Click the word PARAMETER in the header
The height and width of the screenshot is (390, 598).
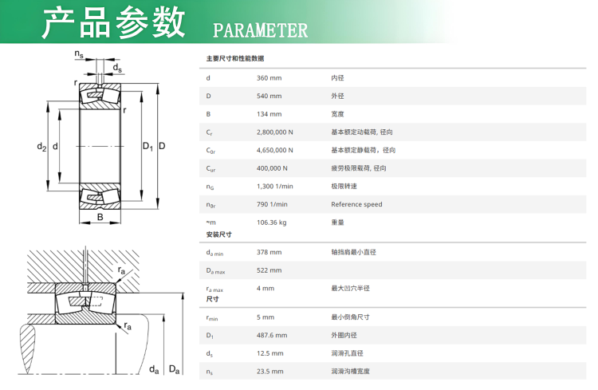click(260, 30)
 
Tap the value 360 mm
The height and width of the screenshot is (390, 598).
click(269, 77)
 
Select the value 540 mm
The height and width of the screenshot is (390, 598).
click(269, 96)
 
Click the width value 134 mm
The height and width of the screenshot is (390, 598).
click(269, 113)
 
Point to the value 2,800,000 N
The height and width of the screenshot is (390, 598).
click(275, 132)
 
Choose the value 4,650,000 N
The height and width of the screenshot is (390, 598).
click(275, 150)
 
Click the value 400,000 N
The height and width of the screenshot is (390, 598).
click(272, 168)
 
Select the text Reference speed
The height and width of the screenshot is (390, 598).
click(356, 204)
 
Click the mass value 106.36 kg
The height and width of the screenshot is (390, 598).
click(271, 222)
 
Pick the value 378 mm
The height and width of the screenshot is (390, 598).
click(269, 252)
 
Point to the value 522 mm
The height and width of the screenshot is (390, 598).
click(269, 270)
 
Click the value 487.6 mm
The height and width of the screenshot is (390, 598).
click(272, 335)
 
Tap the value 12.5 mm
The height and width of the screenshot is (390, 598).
click(270, 353)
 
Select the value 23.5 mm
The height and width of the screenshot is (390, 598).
click(270, 372)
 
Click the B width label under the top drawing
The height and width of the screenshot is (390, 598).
click(100, 217)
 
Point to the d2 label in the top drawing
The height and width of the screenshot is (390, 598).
click(41, 147)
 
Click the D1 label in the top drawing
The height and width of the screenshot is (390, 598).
click(148, 146)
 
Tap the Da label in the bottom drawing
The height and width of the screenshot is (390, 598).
click(174, 369)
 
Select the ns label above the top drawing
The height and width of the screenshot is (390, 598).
click(79, 54)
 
